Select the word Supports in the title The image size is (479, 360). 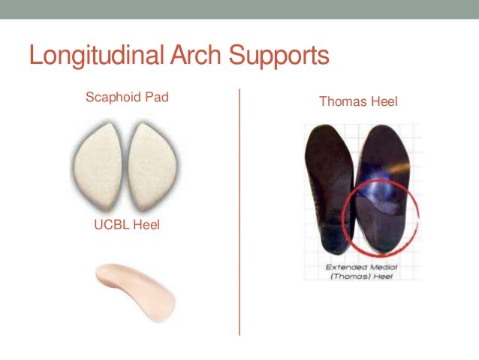click(x=281, y=57)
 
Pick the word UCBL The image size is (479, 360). click(x=111, y=225)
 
